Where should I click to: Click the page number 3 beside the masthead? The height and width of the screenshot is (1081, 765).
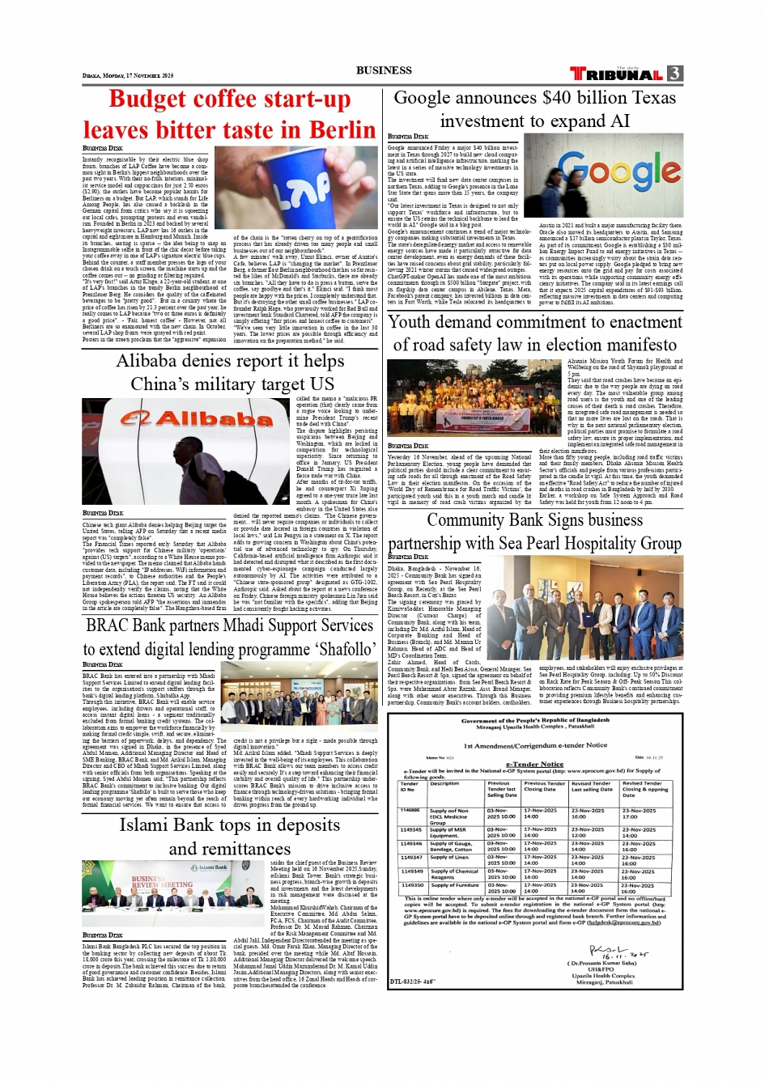click(x=674, y=74)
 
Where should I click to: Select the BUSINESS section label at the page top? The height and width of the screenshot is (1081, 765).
click(x=384, y=70)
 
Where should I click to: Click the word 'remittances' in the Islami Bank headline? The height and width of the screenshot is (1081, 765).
click(x=230, y=849)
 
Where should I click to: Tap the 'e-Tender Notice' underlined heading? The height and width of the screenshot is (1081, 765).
click(x=534, y=763)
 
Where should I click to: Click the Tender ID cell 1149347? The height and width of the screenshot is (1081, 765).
click(x=411, y=857)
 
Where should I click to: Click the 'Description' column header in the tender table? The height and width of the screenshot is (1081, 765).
click(x=444, y=783)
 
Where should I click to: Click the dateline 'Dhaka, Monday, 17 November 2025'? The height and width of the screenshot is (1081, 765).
click(x=128, y=75)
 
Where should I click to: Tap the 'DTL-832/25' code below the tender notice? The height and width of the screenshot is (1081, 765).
click(x=412, y=981)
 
